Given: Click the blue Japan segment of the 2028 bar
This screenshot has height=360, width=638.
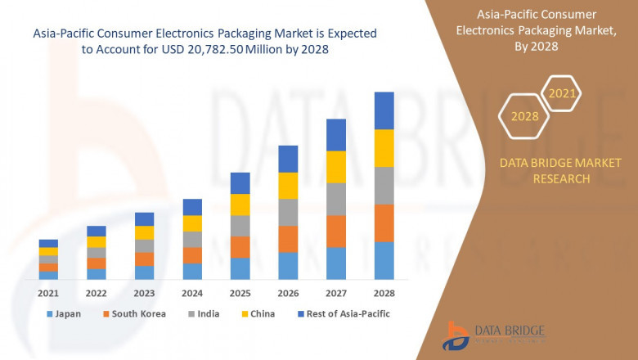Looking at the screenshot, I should (x=384, y=260).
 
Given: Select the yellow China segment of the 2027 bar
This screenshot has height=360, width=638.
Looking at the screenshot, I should (x=336, y=167).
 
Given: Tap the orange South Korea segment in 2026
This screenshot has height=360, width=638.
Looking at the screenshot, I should (x=288, y=239).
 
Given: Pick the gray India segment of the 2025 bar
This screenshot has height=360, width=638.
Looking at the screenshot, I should (x=240, y=226).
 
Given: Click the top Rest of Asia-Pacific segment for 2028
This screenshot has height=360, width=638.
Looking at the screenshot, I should (x=384, y=110).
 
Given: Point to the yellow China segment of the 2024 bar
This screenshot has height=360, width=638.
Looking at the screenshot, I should (x=192, y=223).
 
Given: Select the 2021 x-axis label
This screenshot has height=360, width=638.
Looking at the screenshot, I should (x=48, y=293).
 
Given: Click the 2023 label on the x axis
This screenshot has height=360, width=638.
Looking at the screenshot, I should (x=144, y=293).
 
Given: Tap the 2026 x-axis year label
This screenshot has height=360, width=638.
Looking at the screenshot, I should (x=288, y=293).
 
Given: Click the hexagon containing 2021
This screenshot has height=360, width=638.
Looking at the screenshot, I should (x=561, y=94).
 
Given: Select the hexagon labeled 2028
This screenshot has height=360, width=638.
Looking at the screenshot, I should (x=524, y=116).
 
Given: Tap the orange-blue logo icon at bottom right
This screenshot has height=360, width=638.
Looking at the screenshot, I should (x=456, y=335).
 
